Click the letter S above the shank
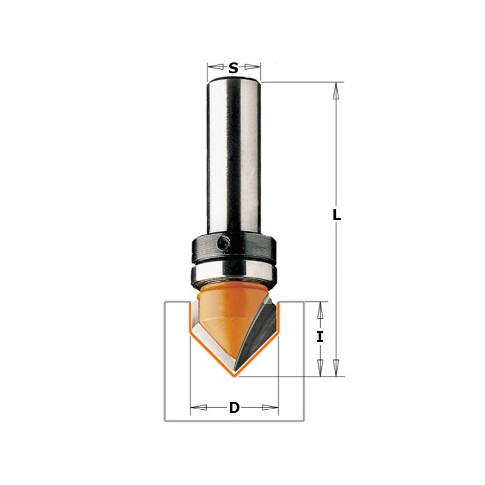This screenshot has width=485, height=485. (233, 69)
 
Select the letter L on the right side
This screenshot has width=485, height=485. (337, 215)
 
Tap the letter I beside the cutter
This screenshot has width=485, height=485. (320, 337)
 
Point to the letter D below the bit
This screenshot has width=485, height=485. (234, 408)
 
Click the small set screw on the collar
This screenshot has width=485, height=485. (223, 244)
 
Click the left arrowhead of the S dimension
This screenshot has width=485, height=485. (212, 67)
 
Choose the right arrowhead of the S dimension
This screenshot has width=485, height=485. (255, 67)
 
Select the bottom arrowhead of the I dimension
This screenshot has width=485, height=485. (320, 368)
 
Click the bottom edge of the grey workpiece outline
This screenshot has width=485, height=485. (234, 420)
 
